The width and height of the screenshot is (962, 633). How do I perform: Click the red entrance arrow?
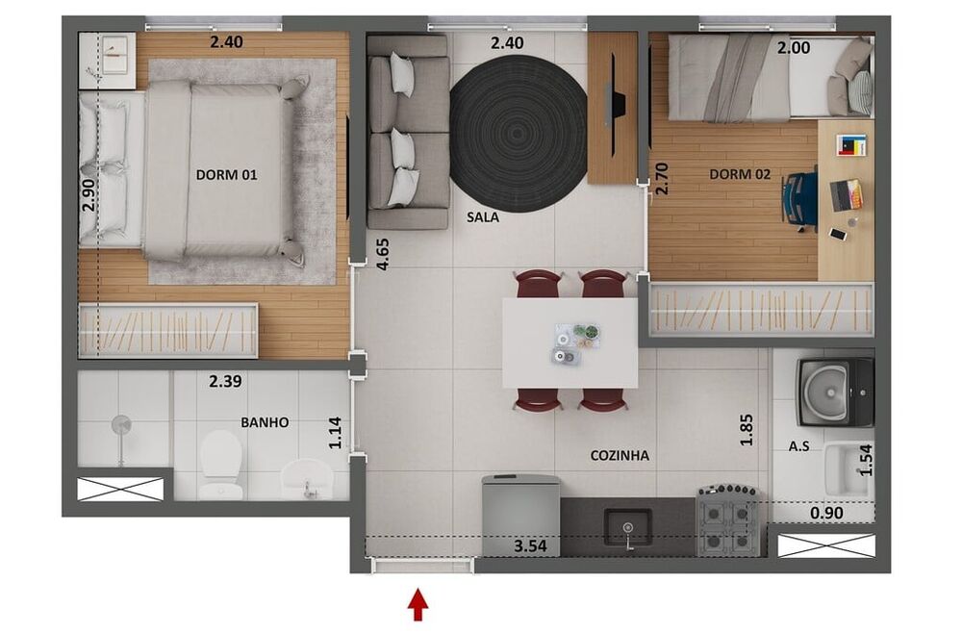418,605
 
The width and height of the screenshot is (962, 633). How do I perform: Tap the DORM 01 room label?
226,175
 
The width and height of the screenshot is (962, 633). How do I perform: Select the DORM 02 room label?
739,174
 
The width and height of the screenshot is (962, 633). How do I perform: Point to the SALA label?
482,216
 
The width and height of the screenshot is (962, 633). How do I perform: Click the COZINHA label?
620,455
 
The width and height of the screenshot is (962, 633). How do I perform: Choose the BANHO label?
265,422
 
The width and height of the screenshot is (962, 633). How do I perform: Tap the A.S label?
798,446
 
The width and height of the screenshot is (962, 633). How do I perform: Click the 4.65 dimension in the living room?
383,255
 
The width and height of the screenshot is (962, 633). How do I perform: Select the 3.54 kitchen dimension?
530,545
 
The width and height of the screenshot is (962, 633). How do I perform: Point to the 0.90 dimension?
826,513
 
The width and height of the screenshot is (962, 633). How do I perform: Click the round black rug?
519,134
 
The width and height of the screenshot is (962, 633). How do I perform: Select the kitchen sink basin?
627,527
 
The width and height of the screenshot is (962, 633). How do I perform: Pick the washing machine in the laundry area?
835,392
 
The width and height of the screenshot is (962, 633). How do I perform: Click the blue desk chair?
800,199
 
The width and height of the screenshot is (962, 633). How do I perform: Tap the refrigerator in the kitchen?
521,516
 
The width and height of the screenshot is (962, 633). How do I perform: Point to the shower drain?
121,424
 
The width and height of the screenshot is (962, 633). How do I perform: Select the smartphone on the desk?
838,234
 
